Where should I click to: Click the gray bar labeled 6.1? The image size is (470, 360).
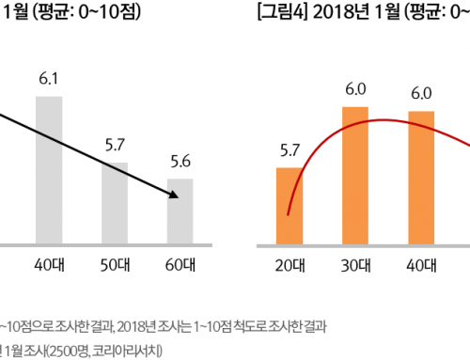click(x=49, y=170)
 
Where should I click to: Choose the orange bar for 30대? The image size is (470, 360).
click(x=355, y=177)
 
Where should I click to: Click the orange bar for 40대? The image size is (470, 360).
click(x=421, y=179)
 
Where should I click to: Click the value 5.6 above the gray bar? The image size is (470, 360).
click(x=180, y=161)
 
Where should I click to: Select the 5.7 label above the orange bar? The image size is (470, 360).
click(x=289, y=150)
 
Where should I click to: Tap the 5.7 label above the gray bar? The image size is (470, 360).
click(x=115, y=146)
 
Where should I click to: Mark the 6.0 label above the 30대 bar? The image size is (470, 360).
click(x=355, y=91)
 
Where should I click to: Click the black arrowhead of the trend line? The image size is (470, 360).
click(x=173, y=195)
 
